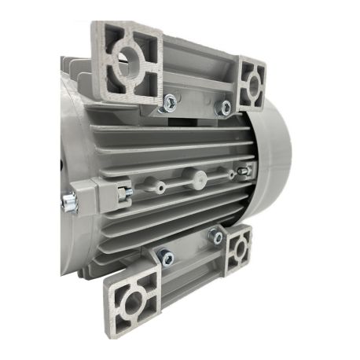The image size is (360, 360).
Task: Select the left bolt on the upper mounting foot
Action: (169, 100)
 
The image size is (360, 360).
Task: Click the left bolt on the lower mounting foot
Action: (166, 256)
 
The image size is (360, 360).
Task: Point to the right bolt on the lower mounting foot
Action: (215, 235)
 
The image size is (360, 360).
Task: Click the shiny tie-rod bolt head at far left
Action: (68, 202)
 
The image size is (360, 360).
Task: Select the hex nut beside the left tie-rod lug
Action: (124, 191)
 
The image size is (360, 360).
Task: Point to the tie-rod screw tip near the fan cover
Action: (247, 170)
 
